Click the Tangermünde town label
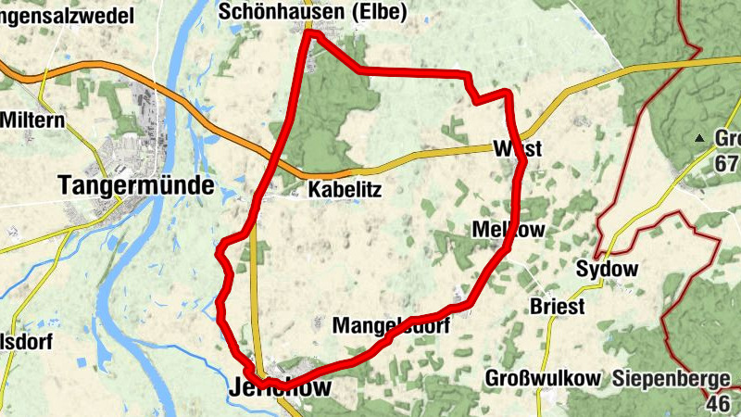tap(135, 185)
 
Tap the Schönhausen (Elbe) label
tap(290, 12)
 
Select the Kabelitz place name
tap(345, 190)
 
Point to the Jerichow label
tap(279, 389)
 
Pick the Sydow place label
tap(608, 270)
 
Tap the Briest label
tap(557, 307)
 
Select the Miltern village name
tap(32, 120)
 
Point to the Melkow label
tap(509, 229)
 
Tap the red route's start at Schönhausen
tap(309, 34)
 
